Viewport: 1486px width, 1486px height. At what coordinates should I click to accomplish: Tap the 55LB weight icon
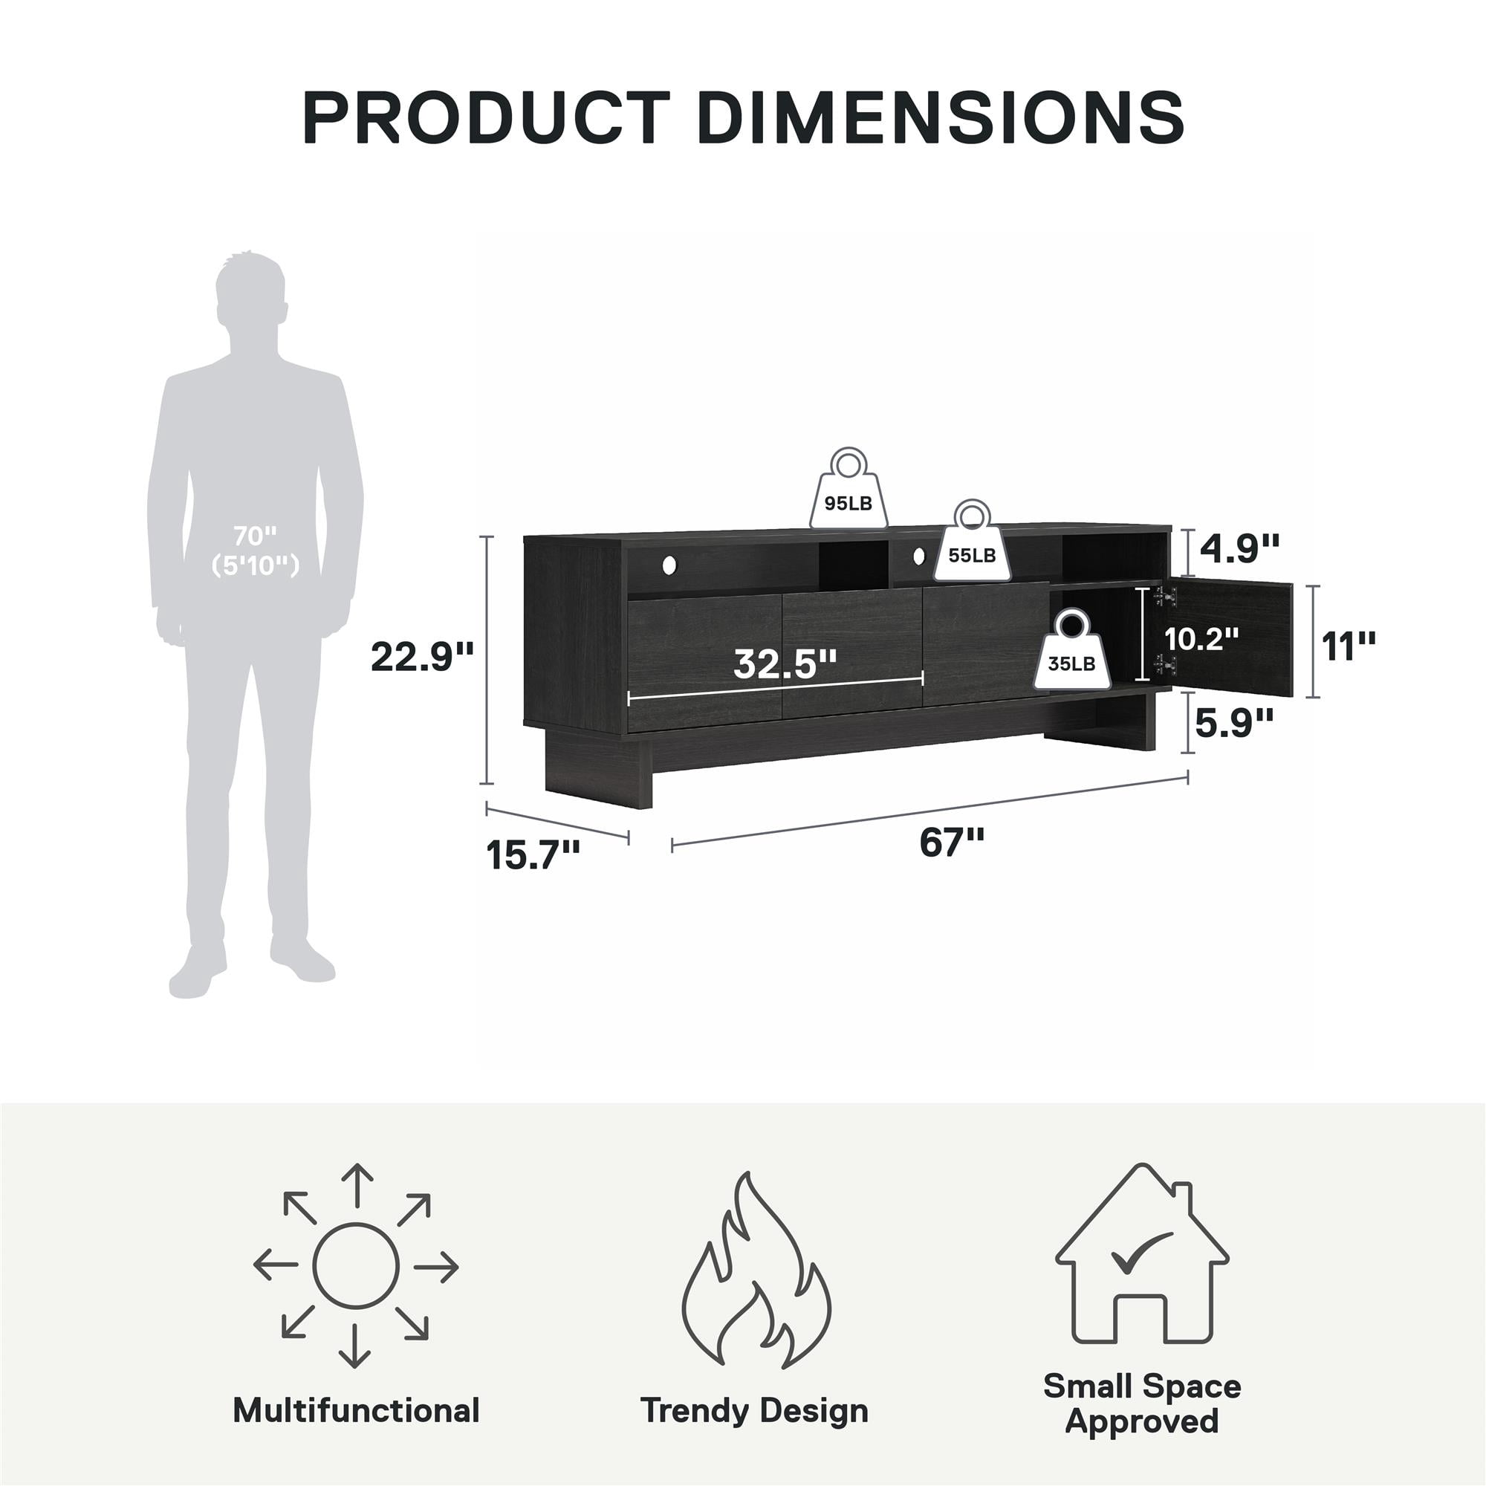[972, 540]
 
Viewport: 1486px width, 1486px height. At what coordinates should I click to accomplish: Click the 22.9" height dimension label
[422, 657]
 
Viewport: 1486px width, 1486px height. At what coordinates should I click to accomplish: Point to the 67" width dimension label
[952, 843]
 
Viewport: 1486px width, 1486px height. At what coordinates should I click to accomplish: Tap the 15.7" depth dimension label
[533, 854]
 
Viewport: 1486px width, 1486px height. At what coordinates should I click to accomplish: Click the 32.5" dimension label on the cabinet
[785, 663]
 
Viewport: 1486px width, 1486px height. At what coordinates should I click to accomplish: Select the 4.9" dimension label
[1240, 548]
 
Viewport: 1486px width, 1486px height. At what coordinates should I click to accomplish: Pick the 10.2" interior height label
[1201, 638]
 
